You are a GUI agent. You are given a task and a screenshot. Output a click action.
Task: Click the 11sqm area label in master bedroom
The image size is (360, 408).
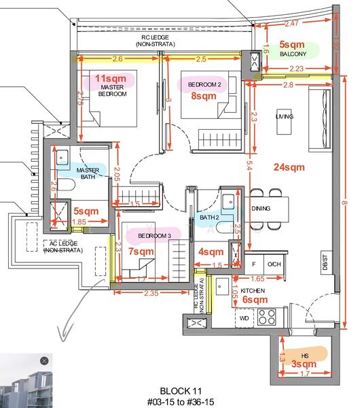point(111,78)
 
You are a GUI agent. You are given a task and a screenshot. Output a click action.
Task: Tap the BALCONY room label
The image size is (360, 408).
point(293,54)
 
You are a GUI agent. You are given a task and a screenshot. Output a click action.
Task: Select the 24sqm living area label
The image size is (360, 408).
point(289,167)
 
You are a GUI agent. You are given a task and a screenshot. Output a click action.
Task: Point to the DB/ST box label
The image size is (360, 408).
point(325,262)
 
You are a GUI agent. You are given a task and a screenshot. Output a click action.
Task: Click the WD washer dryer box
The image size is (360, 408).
point(245,318)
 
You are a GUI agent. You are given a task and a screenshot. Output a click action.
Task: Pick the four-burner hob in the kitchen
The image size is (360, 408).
point(266,317)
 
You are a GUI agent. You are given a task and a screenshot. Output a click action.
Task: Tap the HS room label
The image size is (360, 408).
point(305,356)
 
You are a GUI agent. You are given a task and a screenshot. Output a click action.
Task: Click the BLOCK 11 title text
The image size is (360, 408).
point(181,391)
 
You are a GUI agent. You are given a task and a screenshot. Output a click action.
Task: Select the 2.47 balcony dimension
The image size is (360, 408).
point(291,24)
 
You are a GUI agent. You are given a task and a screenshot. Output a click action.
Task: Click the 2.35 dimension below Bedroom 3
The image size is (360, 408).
point(151,293)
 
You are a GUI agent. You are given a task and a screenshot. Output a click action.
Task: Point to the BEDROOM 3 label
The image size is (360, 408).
point(154,236)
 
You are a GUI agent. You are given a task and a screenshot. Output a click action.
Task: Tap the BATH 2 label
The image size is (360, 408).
point(209,218)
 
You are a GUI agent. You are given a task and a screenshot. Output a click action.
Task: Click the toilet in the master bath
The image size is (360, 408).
point(66,184)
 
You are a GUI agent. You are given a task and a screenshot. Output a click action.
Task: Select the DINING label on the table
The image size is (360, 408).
point(261,209)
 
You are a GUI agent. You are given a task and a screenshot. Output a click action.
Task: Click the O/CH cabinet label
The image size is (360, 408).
point(274,264)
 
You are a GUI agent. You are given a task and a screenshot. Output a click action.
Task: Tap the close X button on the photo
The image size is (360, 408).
point(44,361)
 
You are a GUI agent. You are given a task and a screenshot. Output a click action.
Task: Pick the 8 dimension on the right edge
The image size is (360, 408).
point(344,203)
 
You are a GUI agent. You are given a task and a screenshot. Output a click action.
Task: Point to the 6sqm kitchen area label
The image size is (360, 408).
point(255,299)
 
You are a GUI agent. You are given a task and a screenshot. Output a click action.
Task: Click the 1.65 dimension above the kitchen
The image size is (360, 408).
point(257,279)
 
